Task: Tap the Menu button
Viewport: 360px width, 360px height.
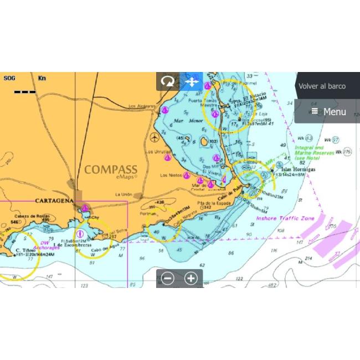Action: point(328,111)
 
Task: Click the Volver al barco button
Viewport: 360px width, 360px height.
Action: point(322,86)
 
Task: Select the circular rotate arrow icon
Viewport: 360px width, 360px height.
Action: point(167,82)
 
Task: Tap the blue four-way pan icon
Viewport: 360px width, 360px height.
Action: point(192,82)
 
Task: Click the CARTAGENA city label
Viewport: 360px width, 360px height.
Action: point(54,200)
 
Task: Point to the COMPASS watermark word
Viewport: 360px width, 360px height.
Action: point(111,169)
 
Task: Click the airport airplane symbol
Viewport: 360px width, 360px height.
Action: point(154,136)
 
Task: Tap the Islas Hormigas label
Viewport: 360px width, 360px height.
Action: point(299,169)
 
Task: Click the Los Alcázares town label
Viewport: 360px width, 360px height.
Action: point(140,106)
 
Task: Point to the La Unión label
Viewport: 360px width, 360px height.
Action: point(125,194)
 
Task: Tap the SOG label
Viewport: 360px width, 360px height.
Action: point(9,78)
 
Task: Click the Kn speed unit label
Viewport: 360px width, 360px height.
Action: point(42,78)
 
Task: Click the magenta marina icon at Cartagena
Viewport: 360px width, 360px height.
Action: point(85,208)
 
